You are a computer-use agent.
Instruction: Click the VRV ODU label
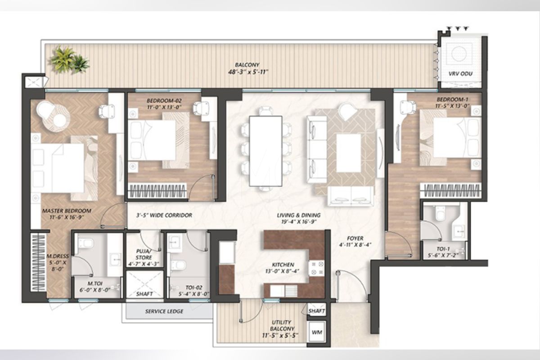(x=460, y=74)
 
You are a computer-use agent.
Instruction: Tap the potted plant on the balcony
(x=69, y=59)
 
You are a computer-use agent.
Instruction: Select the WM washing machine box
(x=316, y=332)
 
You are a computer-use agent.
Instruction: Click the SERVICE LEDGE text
(x=164, y=311)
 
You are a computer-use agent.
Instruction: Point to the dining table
(x=265, y=151)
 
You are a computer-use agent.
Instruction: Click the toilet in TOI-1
(x=441, y=213)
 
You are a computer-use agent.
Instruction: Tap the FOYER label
(x=355, y=238)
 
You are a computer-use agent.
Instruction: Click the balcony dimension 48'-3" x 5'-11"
(x=248, y=72)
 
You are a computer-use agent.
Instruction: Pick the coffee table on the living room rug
(x=349, y=153)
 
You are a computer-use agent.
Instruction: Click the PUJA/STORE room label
(x=144, y=254)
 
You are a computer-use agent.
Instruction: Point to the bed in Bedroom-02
(x=153, y=140)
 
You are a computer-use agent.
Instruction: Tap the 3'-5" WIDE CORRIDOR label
(x=164, y=215)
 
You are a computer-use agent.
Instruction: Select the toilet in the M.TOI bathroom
(x=85, y=243)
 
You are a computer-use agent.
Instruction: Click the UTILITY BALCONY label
(x=282, y=325)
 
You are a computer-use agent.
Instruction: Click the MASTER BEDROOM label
(x=67, y=211)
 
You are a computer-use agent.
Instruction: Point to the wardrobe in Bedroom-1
(x=450, y=190)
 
